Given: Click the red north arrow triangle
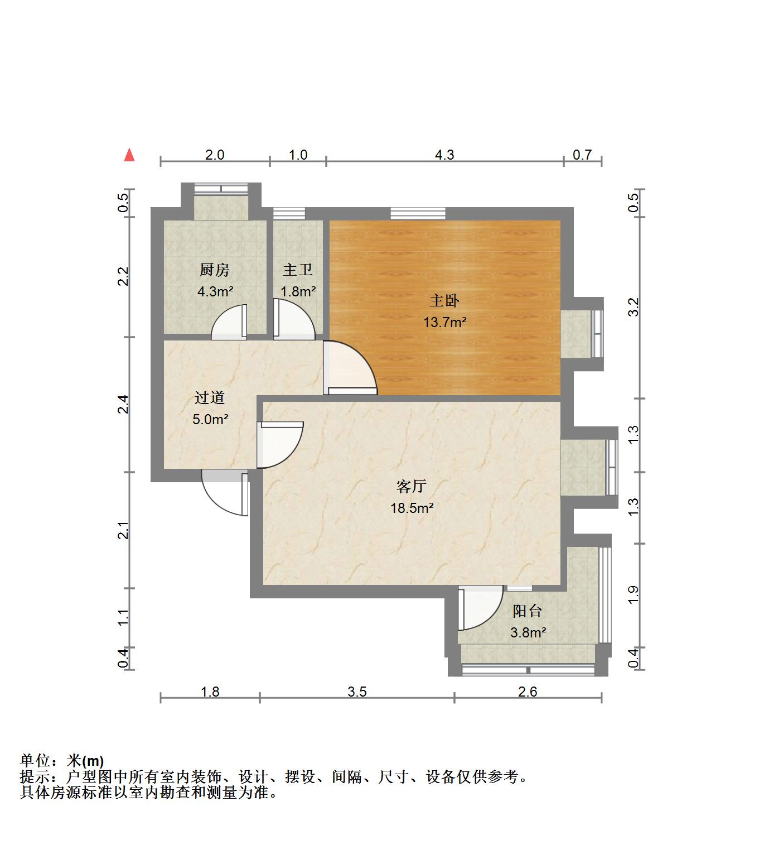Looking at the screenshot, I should pyautogui.click(x=129, y=155).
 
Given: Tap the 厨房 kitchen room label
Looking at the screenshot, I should pyautogui.click(x=215, y=270).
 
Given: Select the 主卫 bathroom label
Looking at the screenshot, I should pyautogui.click(x=297, y=270).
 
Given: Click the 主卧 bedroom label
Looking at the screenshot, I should pyautogui.click(x=444, y=301).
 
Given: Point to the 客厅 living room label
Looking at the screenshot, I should pyautogui.click(x=412, y=487).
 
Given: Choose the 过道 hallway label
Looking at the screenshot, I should pyautogui.click(x=210, y=398).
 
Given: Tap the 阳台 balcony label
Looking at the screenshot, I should pyautogui.click(x=528, y=611).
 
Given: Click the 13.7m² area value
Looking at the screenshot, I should pyautogui.click(x=444, y=322).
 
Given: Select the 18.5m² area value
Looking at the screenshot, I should pyautogui.click(x=412, y=508).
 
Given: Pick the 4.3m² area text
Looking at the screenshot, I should pyautogui.click(x=215, y=291).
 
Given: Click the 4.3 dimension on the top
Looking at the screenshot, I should pyautogui.click(x=444, y=155).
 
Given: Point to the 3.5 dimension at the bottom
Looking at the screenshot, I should pyautogui.click(x=357, y=692).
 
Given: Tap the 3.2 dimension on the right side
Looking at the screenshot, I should pyautogui.click(x=633, y=308).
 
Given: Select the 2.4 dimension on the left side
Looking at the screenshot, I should pyautogui.click(x=123, y=404).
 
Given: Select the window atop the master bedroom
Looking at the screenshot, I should pyautogui.click(x=418, y=213).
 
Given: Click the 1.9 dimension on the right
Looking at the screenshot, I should pyautogui.click(x=633, y=594).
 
